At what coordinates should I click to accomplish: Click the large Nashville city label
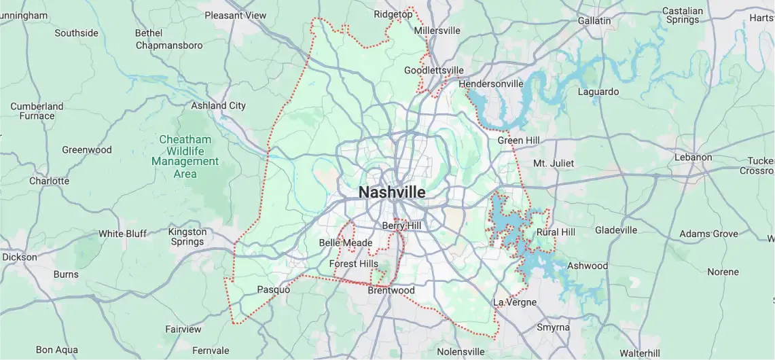pyautogui.click(x=392, y=192)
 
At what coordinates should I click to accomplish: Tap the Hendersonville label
pyautogui.click(x=491, y=84)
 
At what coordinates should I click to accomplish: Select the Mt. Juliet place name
pyautogui.click(x=553, y=163)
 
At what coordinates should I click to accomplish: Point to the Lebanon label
pyautogui.click(x=693, y=157)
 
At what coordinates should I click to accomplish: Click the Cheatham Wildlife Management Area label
pyautogui.click(x=185, y=156)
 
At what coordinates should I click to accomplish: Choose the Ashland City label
pyautogui.click(x=218, y=105)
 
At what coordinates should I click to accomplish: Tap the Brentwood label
pyautogui.click(x=391, y=290)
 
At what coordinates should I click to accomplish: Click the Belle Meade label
pyautogui.click(x=346, y=242)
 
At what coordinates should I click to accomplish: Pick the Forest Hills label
pyautogui.click(x=353, y=264)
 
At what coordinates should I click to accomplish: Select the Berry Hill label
pyautogui.click(x=401, y=226)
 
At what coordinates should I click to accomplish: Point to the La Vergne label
pyautogui.click(x=514, y=302)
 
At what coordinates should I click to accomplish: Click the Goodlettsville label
pyautogui.click(x=433, y=70)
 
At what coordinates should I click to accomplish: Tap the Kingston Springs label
pyautogui.click(x=187, y=236)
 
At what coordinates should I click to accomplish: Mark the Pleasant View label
pyautogui.click(x=236, y=15)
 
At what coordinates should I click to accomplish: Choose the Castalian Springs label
pyautogui.click(x=682, y=15)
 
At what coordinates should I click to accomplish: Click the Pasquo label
pyautogui.click(x=273, y=289)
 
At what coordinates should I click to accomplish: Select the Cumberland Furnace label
pyautogui.click(x=37, y=111)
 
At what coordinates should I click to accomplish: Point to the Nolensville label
pyautogui.click(x=461, y=352)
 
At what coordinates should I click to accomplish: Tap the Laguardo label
pyautogui.click(x=598, y=91)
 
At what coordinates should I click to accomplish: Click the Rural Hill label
pyautogui.click(x=556, y=232)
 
